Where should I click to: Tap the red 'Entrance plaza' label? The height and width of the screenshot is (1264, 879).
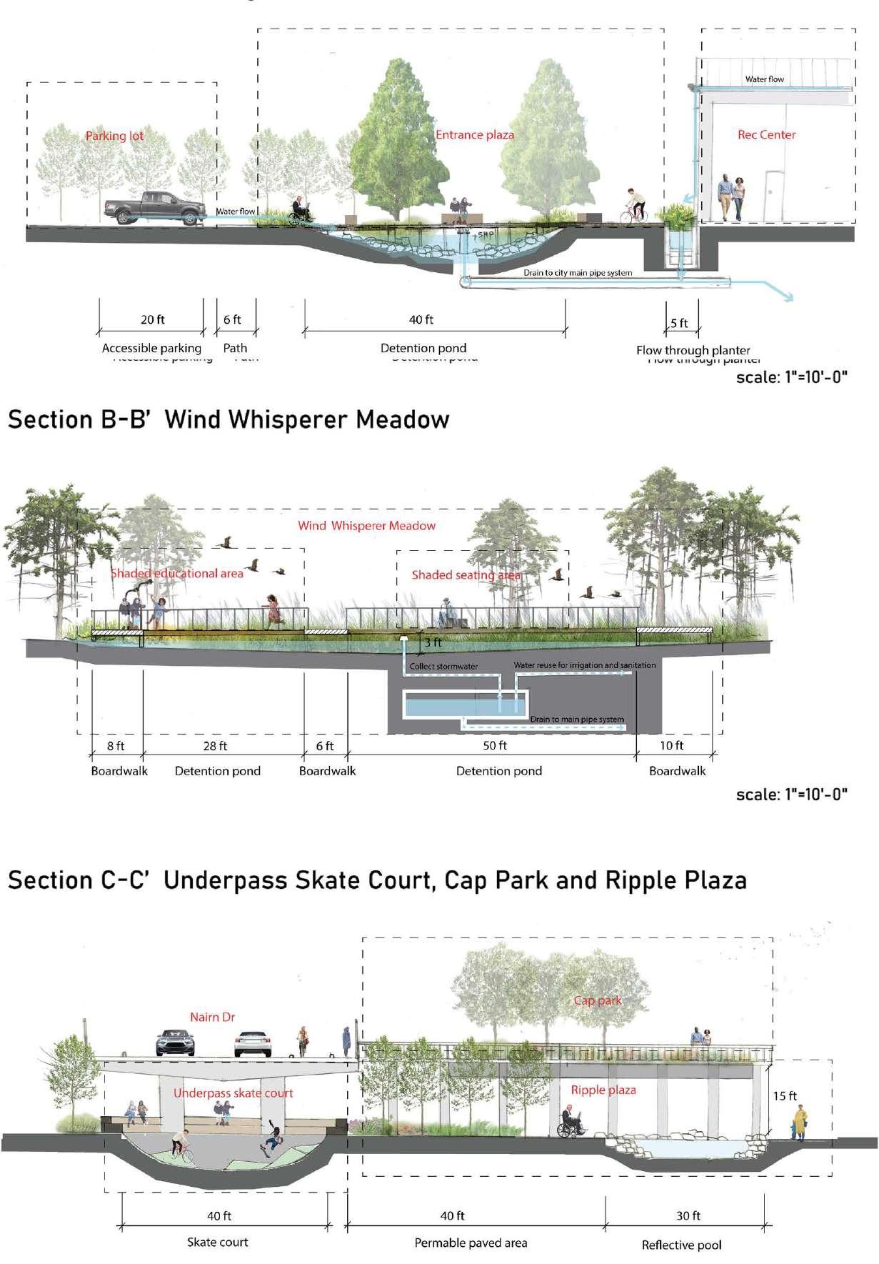click(474, 134)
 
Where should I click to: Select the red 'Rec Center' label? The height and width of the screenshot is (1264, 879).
click(766, 134)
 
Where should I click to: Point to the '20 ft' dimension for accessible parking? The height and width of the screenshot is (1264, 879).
click(152, 319)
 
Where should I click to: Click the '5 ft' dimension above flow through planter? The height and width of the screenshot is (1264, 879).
click(679, 323)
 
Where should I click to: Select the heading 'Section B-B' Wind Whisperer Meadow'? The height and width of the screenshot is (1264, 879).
click(228, 419)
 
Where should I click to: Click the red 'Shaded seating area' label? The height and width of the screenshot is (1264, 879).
click(466, 574)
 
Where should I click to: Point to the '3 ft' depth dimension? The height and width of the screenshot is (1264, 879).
click(433, 642)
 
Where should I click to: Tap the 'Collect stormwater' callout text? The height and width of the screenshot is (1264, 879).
click(443, 667)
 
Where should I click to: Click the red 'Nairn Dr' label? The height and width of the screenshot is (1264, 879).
click(212, 1017)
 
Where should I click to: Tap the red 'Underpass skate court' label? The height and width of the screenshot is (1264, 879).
click(233, 1093)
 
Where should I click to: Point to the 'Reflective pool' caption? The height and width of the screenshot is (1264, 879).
click(681, 1245)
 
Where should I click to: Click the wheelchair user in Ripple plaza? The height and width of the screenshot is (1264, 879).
click(571, 1122)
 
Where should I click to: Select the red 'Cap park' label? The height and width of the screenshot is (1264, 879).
click(598, 1000)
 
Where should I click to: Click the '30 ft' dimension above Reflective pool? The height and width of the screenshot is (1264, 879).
click(688, 1215)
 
